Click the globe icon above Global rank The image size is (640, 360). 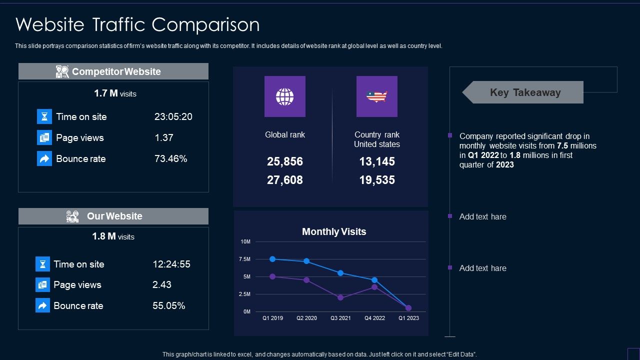click(x=284, y=96)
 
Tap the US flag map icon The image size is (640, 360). click(x=376, y=96)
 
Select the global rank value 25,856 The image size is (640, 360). click(x=285, y=161)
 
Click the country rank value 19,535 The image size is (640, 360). click(x=377, y=180)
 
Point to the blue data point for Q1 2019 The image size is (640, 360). click(x=272, y=259)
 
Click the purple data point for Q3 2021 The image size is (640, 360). click(x=340, y=297)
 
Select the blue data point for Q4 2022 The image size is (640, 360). click(x=374, y=280)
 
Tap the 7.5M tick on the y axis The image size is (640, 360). click(x=244, y=259)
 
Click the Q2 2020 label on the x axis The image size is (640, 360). click(x=306, y=318)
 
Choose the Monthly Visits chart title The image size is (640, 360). click(x=334, y=231)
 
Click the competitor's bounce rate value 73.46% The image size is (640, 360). click(x=171, y=158)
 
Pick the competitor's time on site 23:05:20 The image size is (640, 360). click(x=173, y=116)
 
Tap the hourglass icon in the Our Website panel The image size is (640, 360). click(x=42, y=264)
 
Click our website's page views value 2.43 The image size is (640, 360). click(x=161, y=284)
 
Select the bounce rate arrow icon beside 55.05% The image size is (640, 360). click(x=42, y=305)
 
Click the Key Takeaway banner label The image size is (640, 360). click(x=525, y=92)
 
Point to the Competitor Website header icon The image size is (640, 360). click(x=62, y=71)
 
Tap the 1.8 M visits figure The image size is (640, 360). click(x=113, y=236)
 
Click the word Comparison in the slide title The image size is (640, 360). click(x=205, y=24)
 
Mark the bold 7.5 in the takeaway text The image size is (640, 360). click(x=562, y=145)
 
